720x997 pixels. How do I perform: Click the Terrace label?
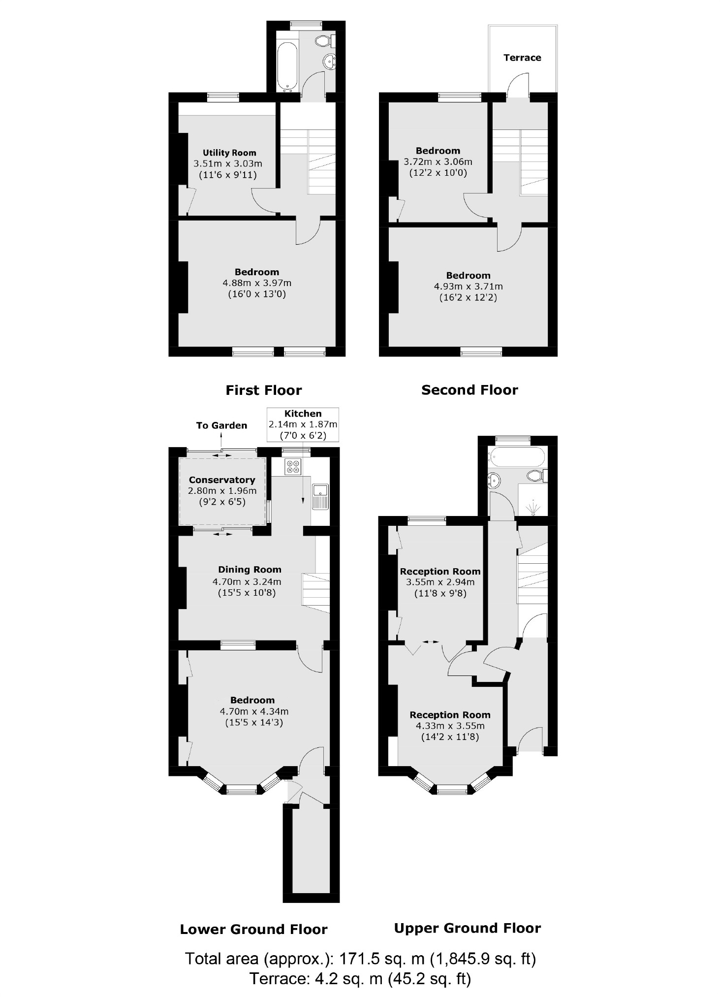(522, 58)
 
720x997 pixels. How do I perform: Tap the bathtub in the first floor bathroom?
(286, 67)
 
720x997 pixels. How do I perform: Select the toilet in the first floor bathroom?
(324, 40)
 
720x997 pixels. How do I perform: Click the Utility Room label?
(229, 153)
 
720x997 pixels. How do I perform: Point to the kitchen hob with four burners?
(293, 466)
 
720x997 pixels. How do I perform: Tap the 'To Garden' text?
(221, 425)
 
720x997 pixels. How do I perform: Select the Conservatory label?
(222, 480)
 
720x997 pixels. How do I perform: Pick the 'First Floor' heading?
(263, 390)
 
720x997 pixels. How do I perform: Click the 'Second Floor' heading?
(470, 390)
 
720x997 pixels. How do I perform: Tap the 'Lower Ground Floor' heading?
(253, 930)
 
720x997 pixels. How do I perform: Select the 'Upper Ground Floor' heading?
(467, 929)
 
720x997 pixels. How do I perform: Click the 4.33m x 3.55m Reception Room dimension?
(450, 726)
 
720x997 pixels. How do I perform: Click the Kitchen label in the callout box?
(303, 414)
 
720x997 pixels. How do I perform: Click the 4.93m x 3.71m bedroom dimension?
(468, 286)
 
